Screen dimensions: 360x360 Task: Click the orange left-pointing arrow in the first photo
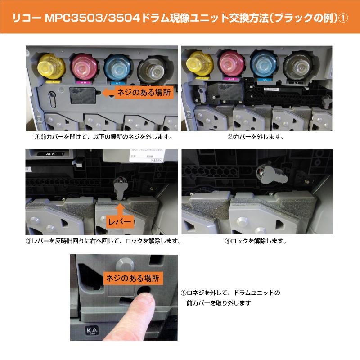point(108,93)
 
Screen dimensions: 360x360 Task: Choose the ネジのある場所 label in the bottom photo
point(133,277)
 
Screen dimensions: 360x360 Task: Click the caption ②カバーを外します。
point(257,135)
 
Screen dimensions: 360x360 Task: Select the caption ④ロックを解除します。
point(255,241)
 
